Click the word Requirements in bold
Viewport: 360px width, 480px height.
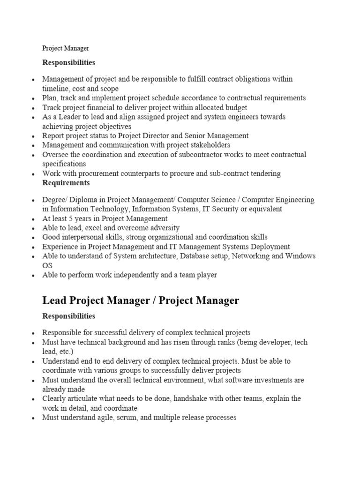click(66, 183)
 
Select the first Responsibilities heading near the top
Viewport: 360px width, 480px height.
click(68, 62)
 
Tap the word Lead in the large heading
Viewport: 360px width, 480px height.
click(55, 300)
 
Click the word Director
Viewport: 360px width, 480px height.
click(159, 135)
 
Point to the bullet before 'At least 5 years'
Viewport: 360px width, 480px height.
click(32, 219)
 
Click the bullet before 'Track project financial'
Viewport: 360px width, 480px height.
click(32, 108)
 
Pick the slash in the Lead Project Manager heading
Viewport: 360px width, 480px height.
click(153, 300)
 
